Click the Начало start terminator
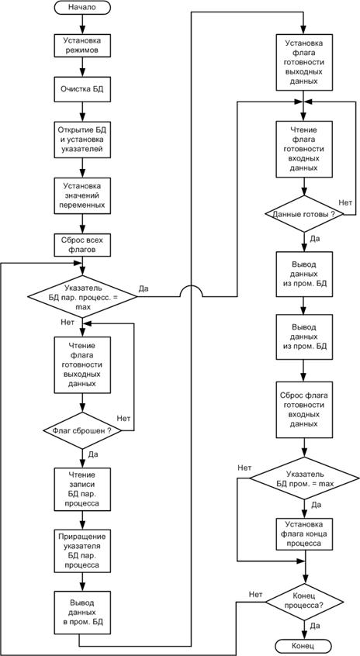[x=81, y=7]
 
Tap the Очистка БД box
[x=81, y=89]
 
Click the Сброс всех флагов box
[x=81, y=245]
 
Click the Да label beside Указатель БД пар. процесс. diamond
[x=144, y=288]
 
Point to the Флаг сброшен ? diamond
[x=81, y=430]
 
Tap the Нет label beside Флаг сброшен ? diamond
[x=123, y=418]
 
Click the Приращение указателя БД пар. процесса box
[x=81, y=551]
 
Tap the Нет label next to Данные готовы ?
[x=345, y=202]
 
